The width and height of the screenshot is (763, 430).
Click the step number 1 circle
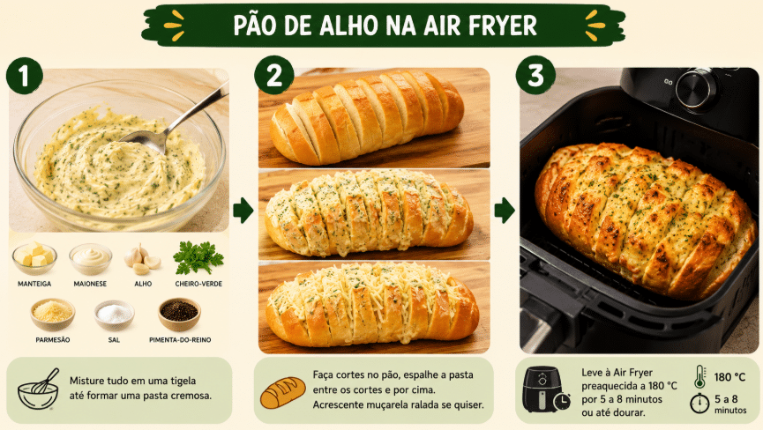pyautogui.click(x=25, y=75)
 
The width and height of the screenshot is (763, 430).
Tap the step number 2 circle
pyautogui.click(x=274, y=75)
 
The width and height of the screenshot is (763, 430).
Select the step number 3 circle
pyautogui.click(x=535, y=75)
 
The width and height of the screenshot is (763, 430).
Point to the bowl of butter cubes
pyautogui.click(x=34, y=258)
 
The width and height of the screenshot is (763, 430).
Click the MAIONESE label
pyautogui.click(x=90, y=284)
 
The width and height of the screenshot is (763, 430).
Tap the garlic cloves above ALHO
pyautogui.click(x=142, y=259)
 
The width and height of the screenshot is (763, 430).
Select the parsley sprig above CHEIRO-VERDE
pyautogui.click(x=198, y=257)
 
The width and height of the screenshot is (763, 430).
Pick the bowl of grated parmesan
pyautogui.click(x=53, y=315)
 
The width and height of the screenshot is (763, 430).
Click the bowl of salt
pyautogui.click(x=115, y=315)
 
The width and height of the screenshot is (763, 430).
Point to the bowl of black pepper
pyautogui.click(x=179, y=314)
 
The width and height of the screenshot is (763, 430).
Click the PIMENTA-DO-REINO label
pyautogui.click(x=180, y=340)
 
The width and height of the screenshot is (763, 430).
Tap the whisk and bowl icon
pyautogui.click(x=39, y=389)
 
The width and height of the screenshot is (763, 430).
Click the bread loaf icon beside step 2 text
pyautogui.click(x=283, y=392)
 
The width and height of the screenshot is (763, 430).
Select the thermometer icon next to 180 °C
pyautogui.click(x=700, y=376)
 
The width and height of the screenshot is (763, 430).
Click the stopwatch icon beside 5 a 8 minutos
pyautogui.click(x=699, y=403)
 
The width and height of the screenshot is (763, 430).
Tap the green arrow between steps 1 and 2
pyautogui.click(x=243, y=211)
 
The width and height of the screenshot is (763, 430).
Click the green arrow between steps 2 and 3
pyautogui.click(x=505, y=211)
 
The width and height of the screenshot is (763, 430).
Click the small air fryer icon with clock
pyautogui.click(x=546, y=389)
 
